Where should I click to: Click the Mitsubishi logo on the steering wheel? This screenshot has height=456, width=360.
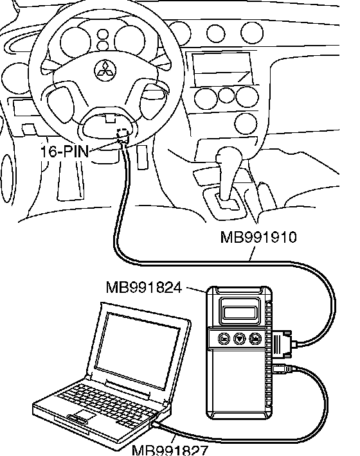coord(105,71)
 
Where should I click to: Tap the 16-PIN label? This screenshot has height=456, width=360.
coord(64,151)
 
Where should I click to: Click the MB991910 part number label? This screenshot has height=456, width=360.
coord(258,237)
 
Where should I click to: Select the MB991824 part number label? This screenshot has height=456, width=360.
coord(144,287)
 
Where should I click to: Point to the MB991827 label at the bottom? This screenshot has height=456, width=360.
coord(170,450)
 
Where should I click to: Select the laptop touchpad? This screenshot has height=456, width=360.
coord(84,414)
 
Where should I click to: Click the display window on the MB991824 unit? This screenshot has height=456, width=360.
coord(239,312)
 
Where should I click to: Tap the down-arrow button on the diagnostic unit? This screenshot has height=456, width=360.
coord(240,338)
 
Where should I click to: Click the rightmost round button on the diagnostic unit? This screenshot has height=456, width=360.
coord(255,338)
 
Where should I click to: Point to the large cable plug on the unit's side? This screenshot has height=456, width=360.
coord(282,344)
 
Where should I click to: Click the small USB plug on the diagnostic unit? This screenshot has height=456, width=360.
coord(282,369)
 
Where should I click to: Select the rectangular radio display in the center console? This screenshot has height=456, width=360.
coord(222,69)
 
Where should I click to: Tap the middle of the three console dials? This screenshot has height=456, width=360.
coord(226,95)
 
